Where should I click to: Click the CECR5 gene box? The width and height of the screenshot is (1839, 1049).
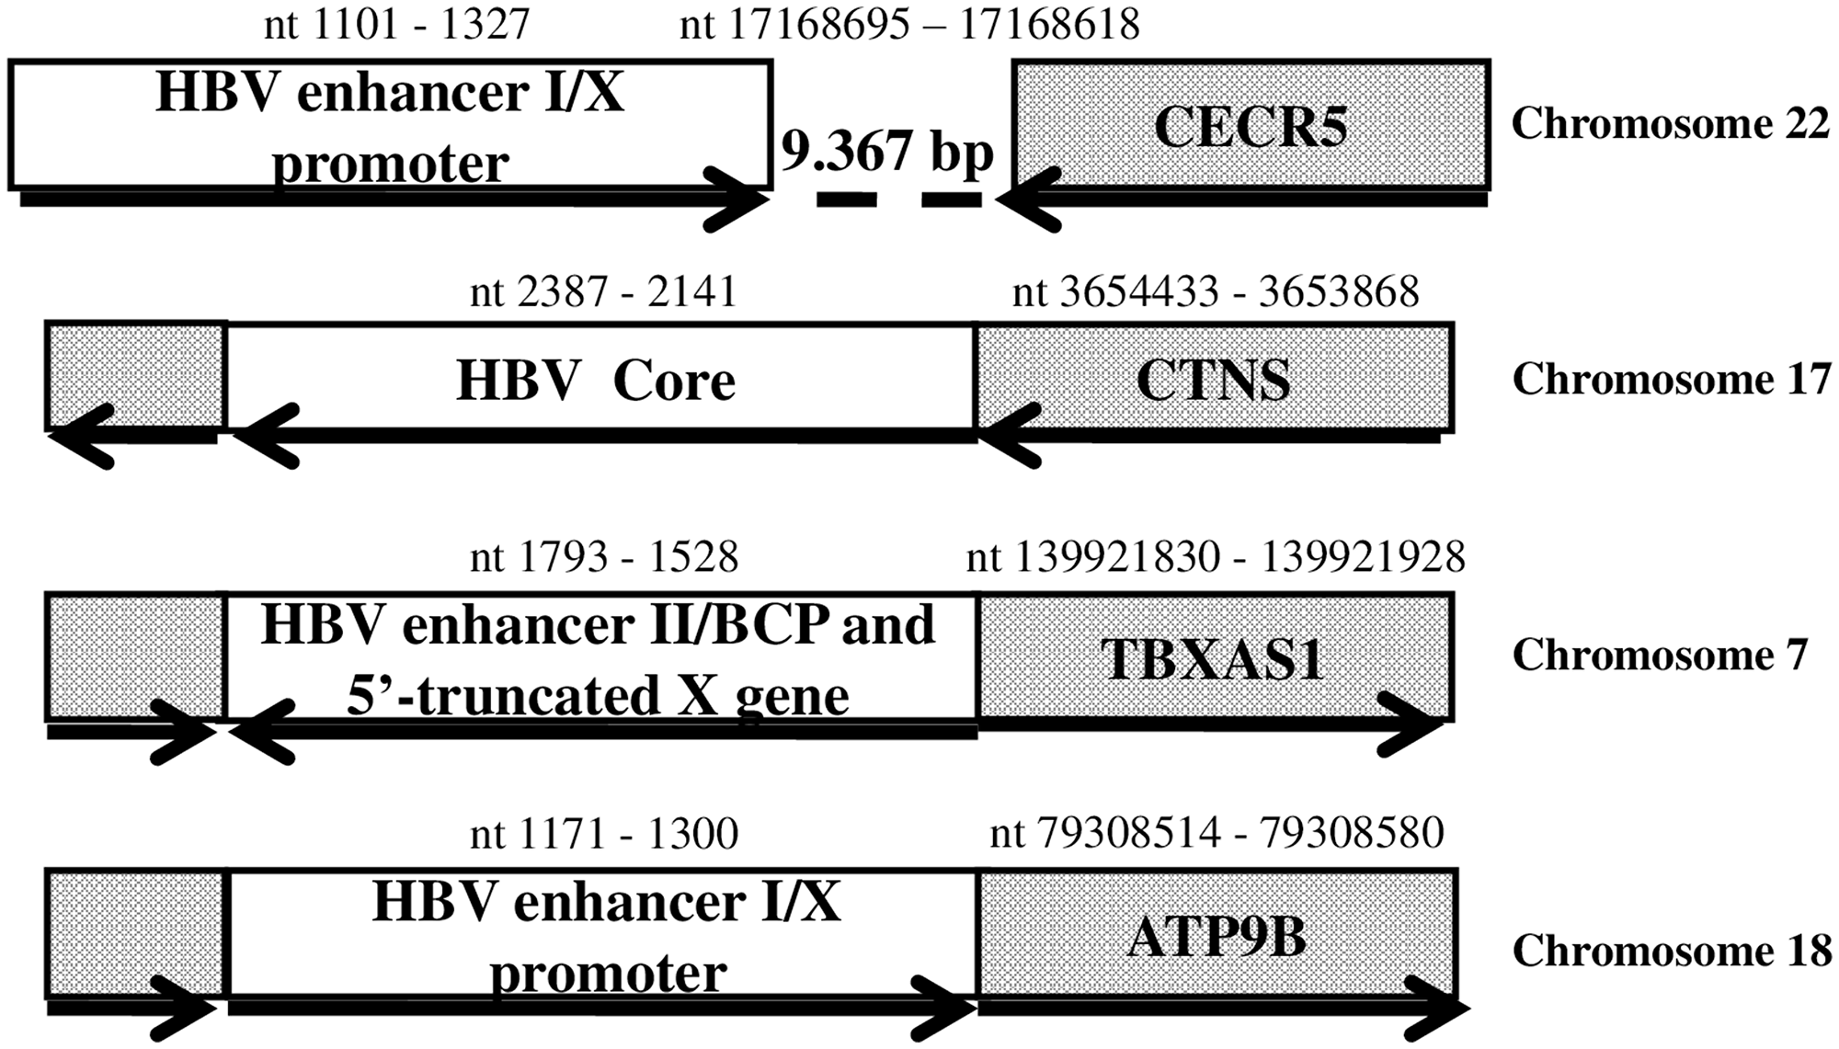pos(1251,124)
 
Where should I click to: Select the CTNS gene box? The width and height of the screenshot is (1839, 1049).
pos(1214,378)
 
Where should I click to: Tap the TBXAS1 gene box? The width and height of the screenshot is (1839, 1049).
pos(1214,656)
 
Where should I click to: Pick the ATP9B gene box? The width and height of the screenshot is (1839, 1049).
pos(1216,936)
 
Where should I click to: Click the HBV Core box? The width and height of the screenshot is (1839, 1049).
pos(598,378)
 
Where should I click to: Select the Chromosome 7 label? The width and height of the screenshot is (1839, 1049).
pos(1660,656)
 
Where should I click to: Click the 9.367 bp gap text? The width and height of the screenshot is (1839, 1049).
pos(887,151)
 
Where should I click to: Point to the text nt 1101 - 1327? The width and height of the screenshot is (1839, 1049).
pos(396,25)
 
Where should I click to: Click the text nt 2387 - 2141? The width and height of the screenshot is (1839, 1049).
pos(603,292)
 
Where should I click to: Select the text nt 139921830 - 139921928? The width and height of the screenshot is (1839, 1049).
pos(1215,557)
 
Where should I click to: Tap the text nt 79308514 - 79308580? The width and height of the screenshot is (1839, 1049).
pos(1216,833)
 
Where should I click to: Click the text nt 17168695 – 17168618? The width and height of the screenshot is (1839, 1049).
pos(909,25)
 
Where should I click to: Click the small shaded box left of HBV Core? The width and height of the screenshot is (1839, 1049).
pos(136,375)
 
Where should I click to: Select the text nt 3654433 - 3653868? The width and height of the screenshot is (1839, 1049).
pos(1216,292)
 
